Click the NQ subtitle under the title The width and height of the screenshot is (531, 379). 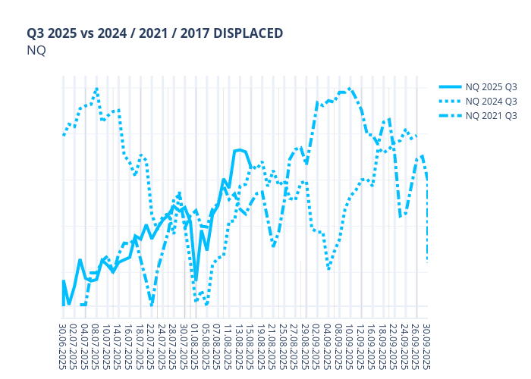[36, 51]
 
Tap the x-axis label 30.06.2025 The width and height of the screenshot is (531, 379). [63, 347]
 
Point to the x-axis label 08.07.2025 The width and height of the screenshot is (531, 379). [96, 347]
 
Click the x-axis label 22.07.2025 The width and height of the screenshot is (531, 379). [152, 347]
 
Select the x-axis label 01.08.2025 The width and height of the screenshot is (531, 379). [196, 347]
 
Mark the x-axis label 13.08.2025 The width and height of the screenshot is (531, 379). [240, 347]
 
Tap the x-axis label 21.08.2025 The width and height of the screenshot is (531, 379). [273, 347]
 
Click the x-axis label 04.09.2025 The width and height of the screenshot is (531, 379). [328, 347]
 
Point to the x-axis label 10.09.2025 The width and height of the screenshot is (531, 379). [350, 347]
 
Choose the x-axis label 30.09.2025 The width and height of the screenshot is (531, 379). [427, 347]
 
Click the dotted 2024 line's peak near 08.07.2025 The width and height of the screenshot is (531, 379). [96, 89]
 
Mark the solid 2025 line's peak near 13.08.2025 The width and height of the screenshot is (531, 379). [240, 149]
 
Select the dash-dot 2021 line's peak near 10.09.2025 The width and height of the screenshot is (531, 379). [350, 89]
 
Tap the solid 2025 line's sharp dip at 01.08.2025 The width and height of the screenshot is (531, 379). [196, 280]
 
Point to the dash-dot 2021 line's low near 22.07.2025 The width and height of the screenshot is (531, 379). [152, 304]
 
